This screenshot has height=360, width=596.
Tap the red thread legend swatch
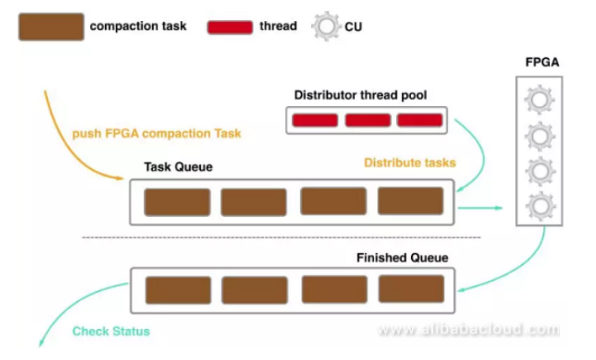pos(229,27)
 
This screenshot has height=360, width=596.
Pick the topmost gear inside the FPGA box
pos(537,101)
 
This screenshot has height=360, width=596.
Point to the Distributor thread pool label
pos(361,95)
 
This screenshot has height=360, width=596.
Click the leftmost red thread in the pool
pos(314,120)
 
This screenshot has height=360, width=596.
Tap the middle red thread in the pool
pos(367,120)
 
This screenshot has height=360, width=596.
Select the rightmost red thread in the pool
pos(419,120)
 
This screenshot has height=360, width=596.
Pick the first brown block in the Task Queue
pos(177,203)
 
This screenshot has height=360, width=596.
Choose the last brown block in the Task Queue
pos(410,202)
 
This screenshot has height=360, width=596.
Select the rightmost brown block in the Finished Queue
pos(411,289)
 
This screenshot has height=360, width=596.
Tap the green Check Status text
pos(111,331)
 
